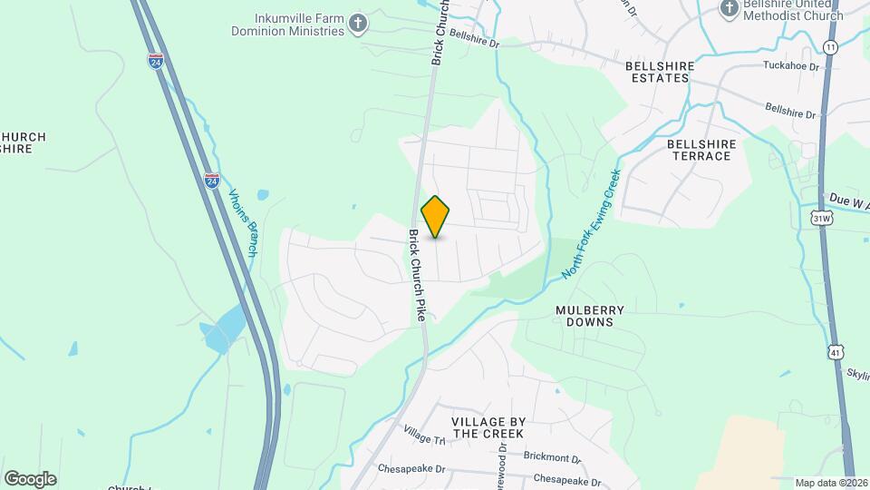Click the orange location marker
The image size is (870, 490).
tap(436, 217)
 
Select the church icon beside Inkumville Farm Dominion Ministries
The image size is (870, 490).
tap(359, 22)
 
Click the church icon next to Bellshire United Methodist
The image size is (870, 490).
tap(729, 8)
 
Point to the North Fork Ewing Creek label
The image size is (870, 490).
tap(590, 222)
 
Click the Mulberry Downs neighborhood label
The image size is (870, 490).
tap(590, 316)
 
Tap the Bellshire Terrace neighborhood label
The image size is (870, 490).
tap(699, 150)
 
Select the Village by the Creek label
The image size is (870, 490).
tap(488, 427)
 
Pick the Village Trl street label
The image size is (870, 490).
tap(425, 436)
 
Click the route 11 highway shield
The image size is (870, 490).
tap(830, 46)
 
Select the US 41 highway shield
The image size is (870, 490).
tap(835, 350)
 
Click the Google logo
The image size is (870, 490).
tap(30, 478)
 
